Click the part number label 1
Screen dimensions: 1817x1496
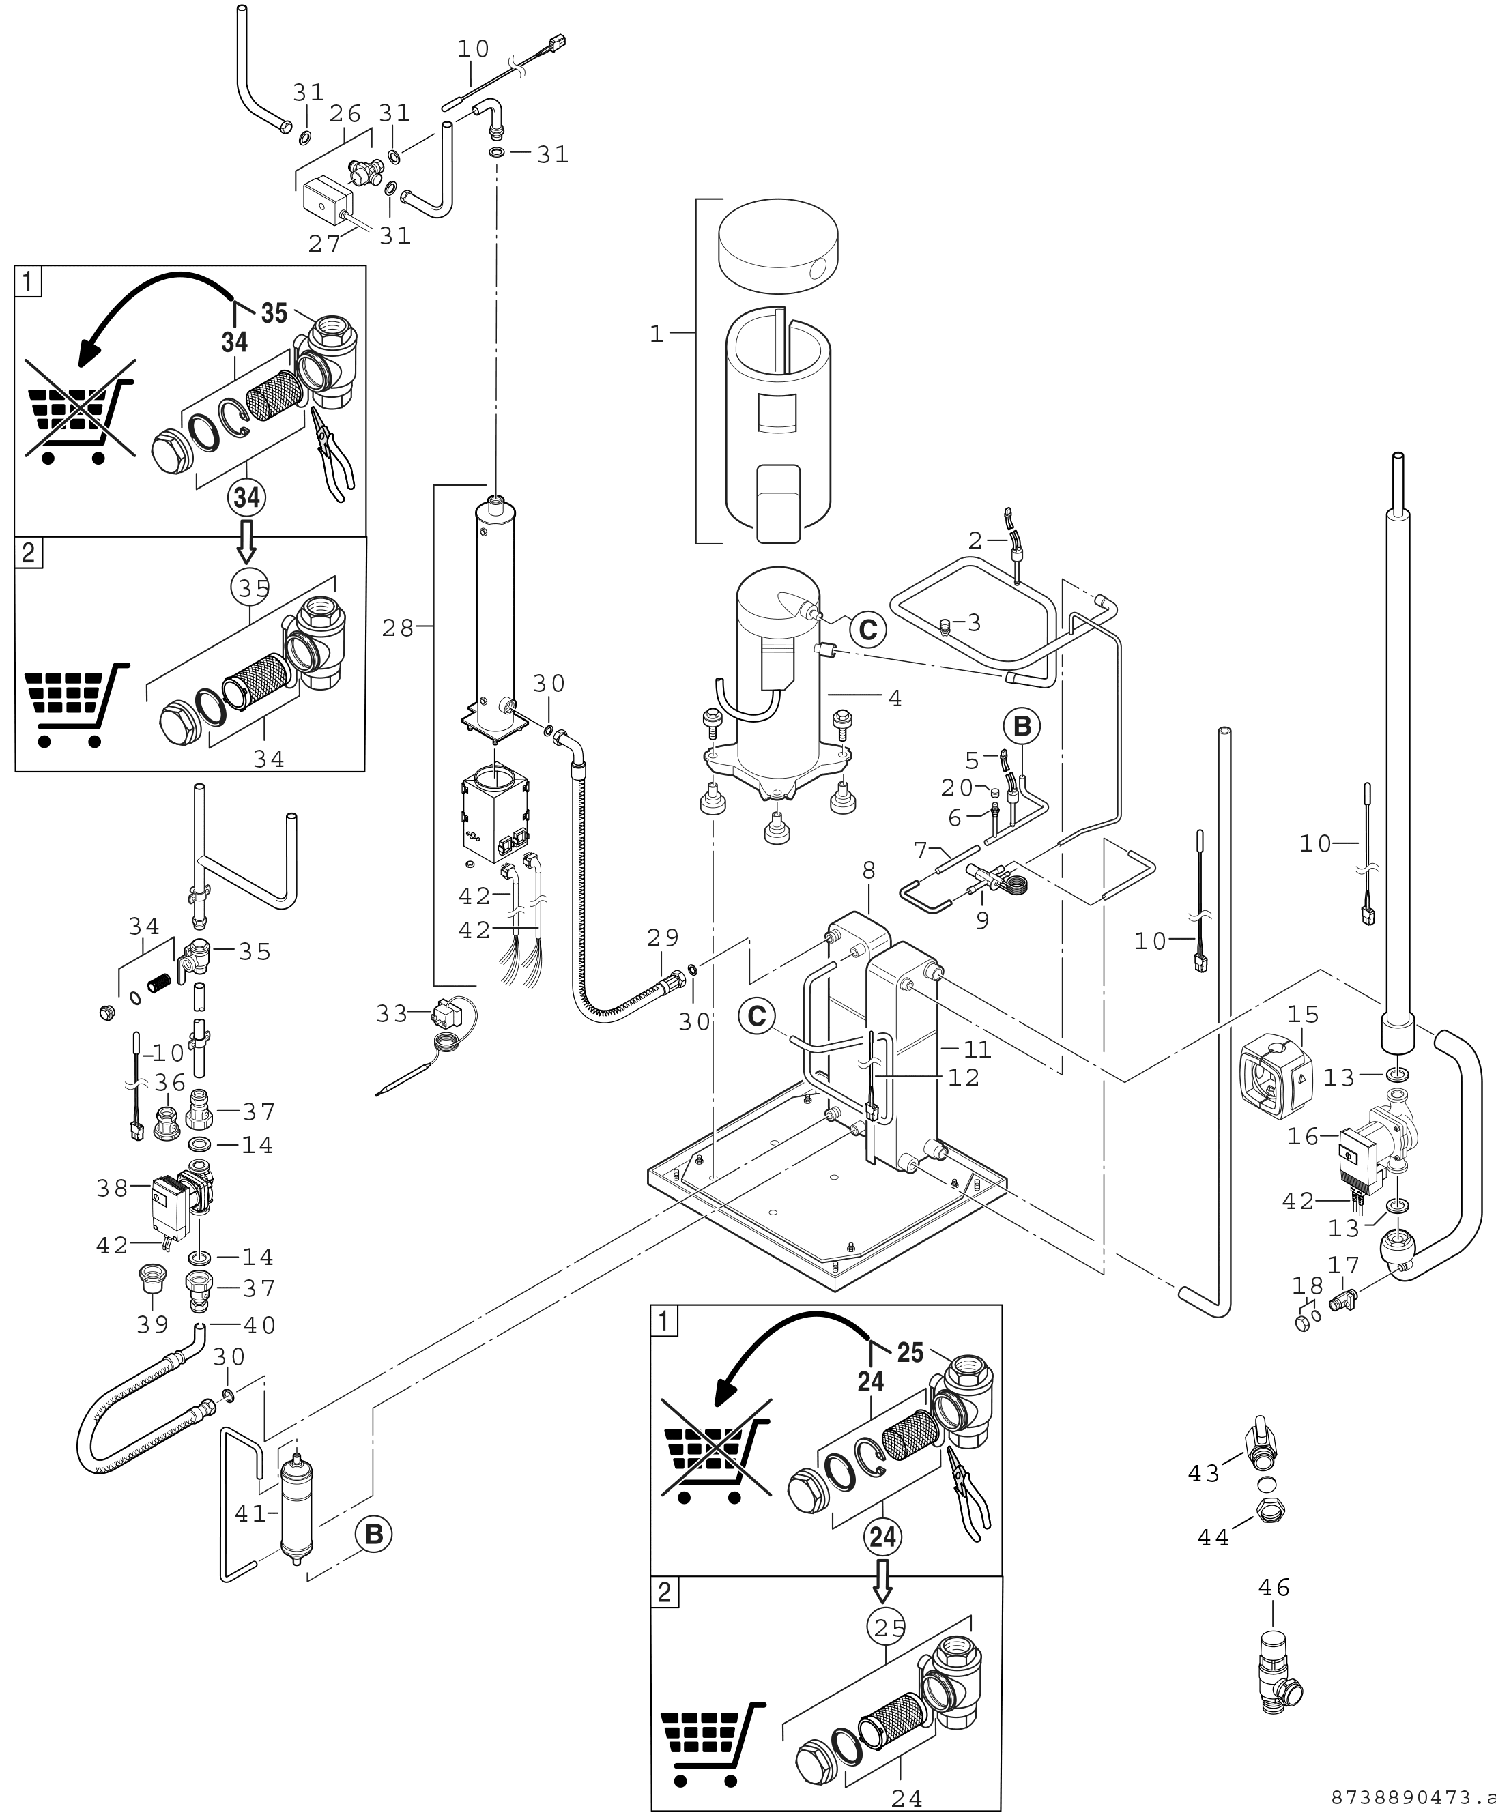tap(657, 334)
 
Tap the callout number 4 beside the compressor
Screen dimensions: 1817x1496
tap(895, 699)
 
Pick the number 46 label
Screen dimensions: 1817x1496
tap(1274, 1587)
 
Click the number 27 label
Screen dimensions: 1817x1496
tap(325, 244)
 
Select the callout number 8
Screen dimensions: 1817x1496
tap(869, 871)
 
